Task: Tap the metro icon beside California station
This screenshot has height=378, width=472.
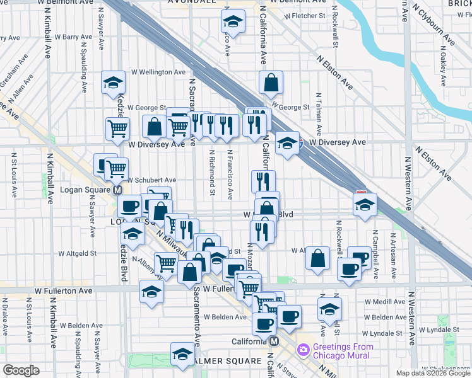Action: point(274,341)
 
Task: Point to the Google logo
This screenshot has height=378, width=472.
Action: point(21,370)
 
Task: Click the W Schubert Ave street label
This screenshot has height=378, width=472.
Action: point(151,180)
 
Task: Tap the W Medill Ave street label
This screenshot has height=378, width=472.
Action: point(385,301)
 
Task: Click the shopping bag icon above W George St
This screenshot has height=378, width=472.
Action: point(271,82)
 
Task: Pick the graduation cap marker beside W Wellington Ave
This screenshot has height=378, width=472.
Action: point(114,82)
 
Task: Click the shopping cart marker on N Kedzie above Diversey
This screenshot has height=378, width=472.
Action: point(117,129)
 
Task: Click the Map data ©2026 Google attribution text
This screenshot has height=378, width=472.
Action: point(433,372)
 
